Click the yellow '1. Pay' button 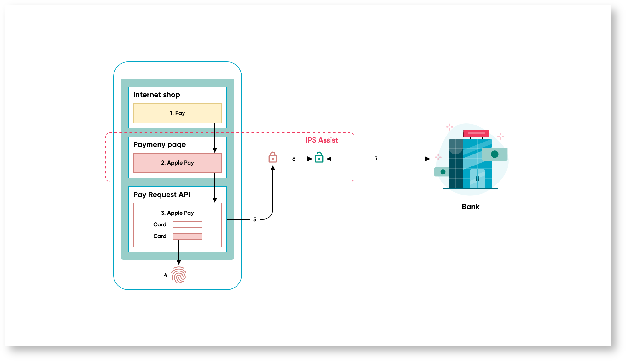tap(177, 113)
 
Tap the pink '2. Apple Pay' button tap(177, 163)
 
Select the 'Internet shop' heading tap(156, 95)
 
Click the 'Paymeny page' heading tap(159, 144)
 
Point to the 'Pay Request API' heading tap(161, 195)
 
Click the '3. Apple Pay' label tap(177, 213)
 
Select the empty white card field tap(187, 224)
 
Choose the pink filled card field tap(187, 236)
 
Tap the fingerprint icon tap(179, 275)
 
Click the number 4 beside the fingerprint tap(166, 275)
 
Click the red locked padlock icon tap(272, 157)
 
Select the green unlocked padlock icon tap(319, 157)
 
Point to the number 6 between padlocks tap(294, 159)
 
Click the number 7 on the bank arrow tap(376, 159)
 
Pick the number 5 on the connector tap(255, 219)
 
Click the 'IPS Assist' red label tap(321, 140)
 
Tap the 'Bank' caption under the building tap(470, 207)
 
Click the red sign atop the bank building tap(476, 133)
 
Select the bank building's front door tap(477, 178)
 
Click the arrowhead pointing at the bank tap(427, 159)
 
